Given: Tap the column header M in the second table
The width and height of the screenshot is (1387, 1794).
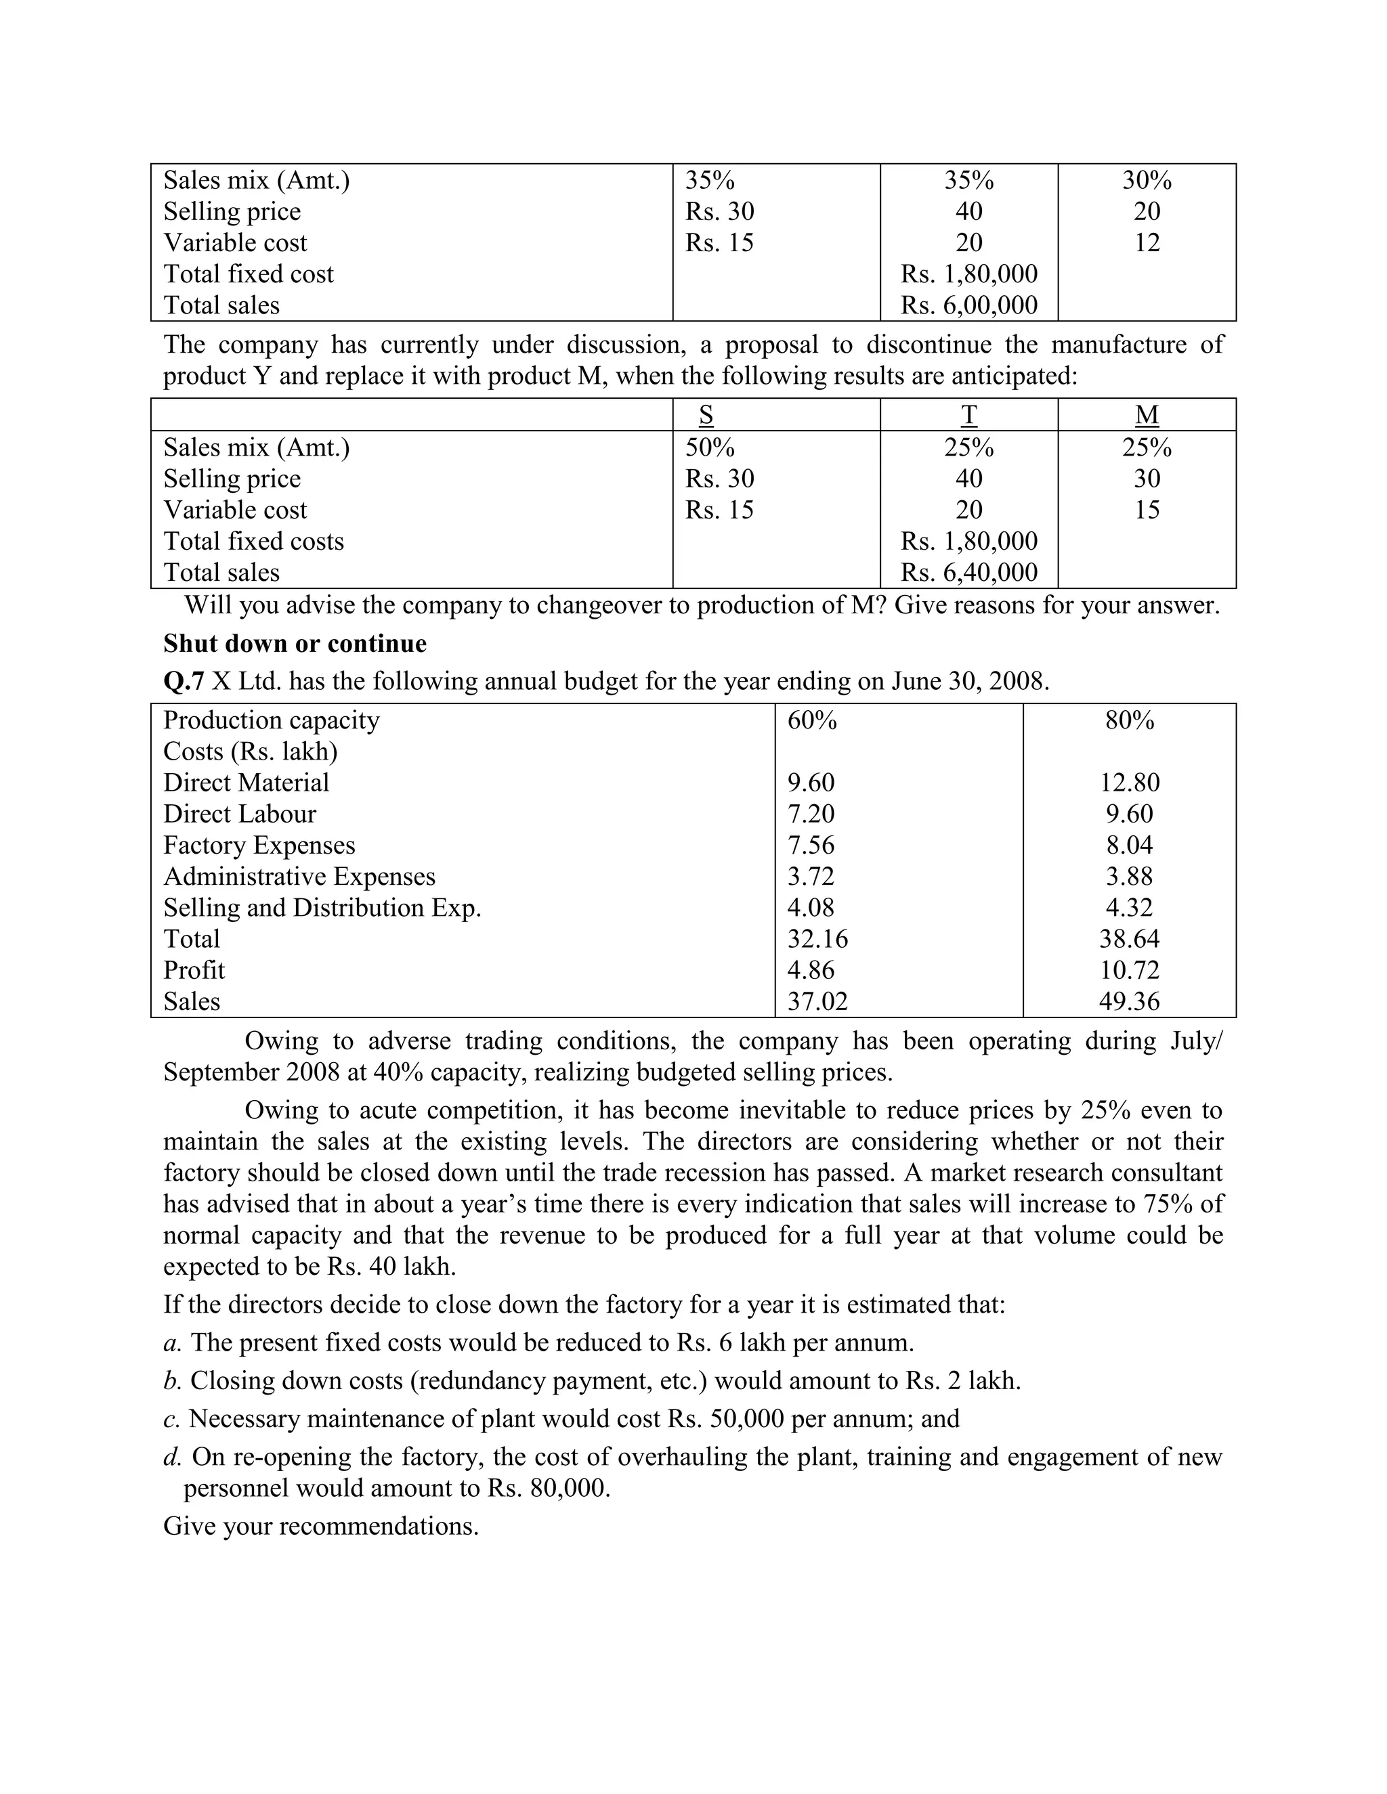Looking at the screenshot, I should coord(1147,415).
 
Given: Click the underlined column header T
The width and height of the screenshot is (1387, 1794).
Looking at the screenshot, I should coord(968,415).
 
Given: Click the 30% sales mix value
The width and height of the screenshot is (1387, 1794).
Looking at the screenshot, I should coord(1147,180).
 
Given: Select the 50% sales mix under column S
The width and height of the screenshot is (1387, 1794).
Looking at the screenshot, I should coord(710,447).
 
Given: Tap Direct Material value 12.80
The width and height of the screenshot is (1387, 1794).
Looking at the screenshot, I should coord(1129,782).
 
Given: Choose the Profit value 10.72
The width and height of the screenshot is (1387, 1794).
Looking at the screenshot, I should coord(1129,969).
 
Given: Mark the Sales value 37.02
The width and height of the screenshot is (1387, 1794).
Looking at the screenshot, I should coord(817,1001).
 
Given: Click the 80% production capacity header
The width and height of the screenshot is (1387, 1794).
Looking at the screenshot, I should coord(1129,720).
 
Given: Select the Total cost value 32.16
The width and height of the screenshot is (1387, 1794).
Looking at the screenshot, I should coord(817,938).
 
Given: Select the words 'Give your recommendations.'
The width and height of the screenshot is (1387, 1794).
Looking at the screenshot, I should coord(320,1525).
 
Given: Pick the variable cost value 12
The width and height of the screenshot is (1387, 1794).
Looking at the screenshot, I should coord(1147,242).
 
